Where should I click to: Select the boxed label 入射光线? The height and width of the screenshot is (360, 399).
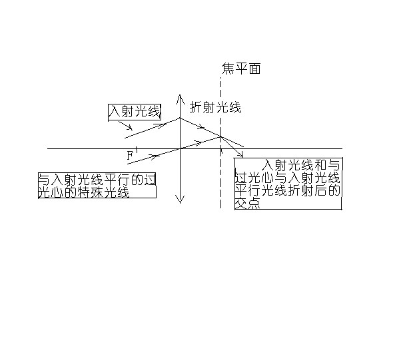coord(135,112)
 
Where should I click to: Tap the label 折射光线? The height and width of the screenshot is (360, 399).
coord(215,106)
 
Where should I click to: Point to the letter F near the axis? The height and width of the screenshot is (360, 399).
coord(131,155)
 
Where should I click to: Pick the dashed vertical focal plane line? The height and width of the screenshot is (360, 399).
coord(220,180)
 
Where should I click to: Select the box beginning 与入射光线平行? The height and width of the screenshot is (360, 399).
coord(97,186)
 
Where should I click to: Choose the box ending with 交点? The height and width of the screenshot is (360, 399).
coord(288,184)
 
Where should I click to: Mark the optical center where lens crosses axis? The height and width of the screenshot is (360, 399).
coord(180,148)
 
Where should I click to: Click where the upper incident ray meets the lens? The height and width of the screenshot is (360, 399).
coord(180,118)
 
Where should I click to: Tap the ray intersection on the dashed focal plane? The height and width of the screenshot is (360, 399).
coord(220,136)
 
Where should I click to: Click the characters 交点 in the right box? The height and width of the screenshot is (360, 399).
coord(247,204)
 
